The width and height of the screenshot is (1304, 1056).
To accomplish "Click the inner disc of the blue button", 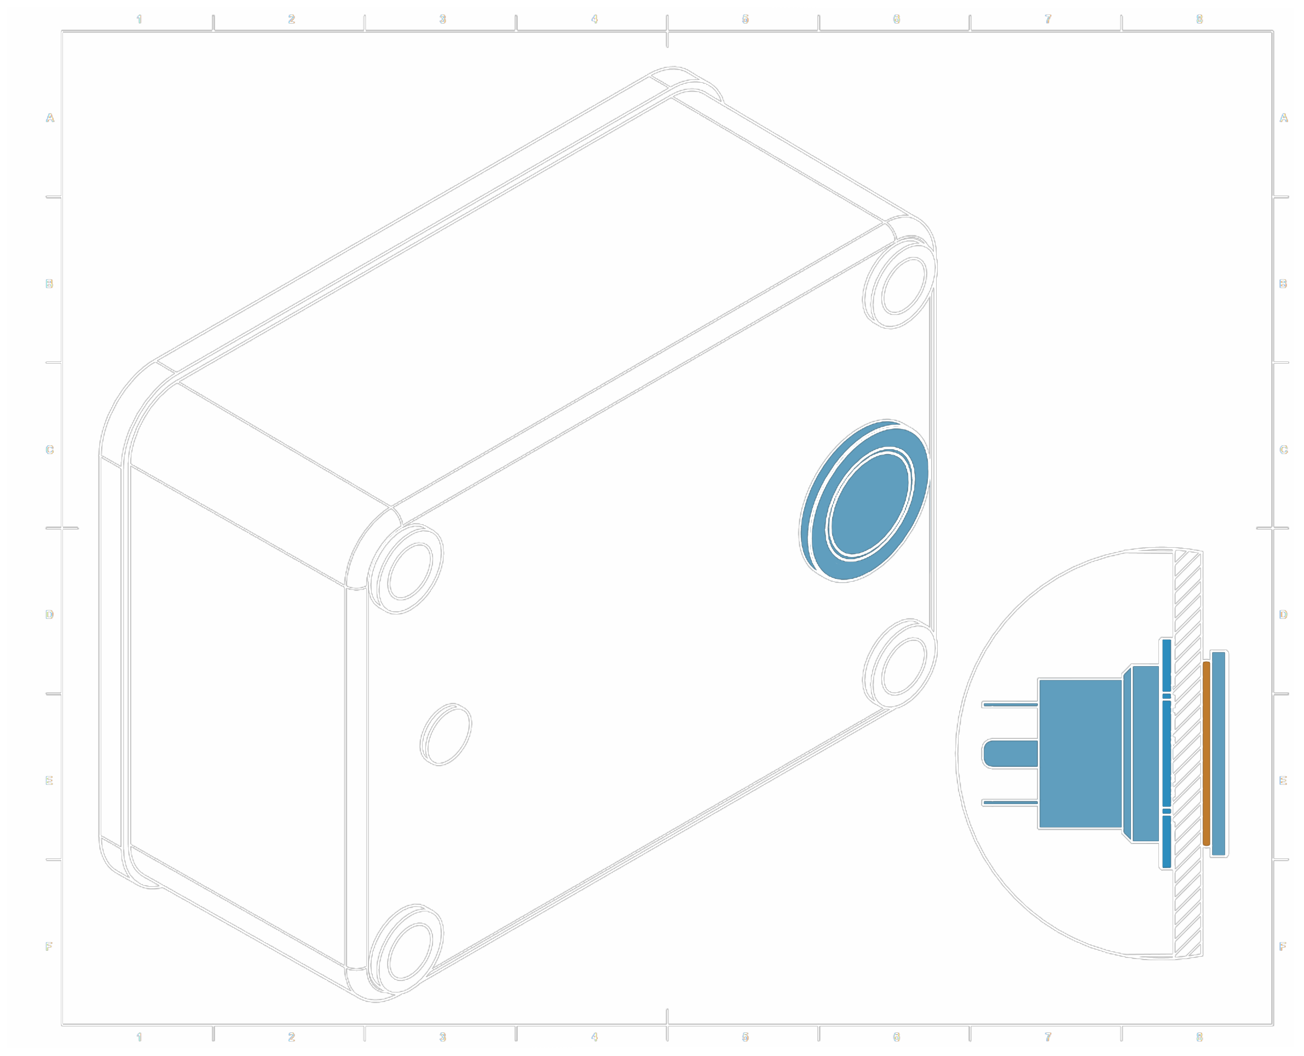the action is coord(871,504).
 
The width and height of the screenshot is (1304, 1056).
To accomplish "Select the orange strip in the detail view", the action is coord(1206,754).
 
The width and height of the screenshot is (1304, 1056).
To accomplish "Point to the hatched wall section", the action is coord(1188,754).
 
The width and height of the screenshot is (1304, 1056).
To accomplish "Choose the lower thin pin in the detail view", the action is coord(1011,803).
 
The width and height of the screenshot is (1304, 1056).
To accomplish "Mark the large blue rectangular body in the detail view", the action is coord(1080,754).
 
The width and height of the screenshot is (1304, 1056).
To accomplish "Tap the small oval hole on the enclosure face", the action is coord(446,734).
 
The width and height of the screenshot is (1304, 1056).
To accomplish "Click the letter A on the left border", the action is coord(50,118).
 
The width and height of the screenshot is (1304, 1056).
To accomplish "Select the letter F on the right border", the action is coord(1283,946).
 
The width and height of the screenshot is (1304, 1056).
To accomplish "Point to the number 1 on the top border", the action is coord(139,19).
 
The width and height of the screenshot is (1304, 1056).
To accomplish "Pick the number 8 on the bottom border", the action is coord(1199,1037).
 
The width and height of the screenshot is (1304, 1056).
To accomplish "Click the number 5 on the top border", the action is coord(745,19).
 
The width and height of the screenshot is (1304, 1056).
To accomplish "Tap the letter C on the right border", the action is coord(1283,450).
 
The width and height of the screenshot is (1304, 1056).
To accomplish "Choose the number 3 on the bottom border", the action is coord(442,1037).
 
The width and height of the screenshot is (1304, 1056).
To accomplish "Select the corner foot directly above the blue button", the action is coord(901,283).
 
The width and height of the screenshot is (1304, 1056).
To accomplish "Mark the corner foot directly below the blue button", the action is coord(901,663).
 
